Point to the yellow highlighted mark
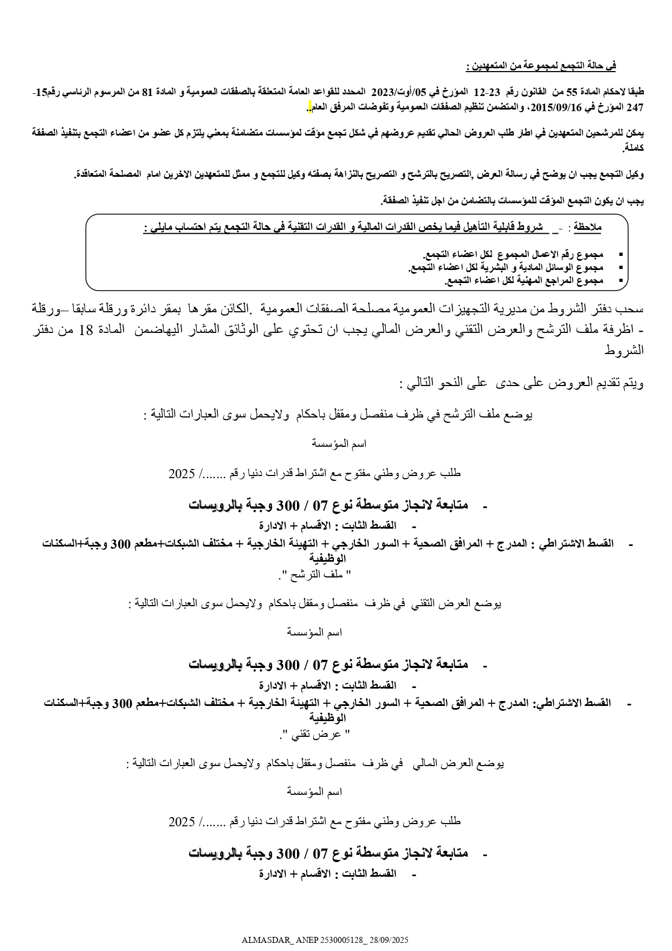[309, 107]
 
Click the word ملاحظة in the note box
[588, 228]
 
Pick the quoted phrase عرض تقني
[314, 735]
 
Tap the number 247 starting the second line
[635, 107]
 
